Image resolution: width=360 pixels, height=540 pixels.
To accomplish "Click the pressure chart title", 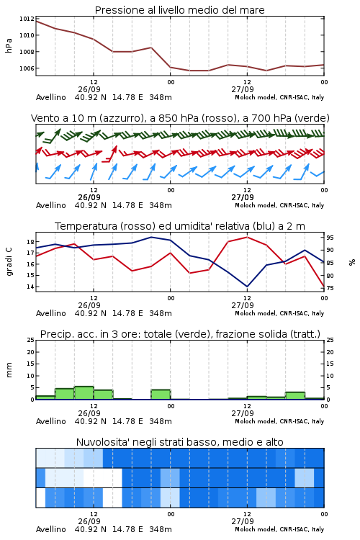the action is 180,10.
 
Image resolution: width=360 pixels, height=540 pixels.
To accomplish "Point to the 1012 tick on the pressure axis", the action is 27,19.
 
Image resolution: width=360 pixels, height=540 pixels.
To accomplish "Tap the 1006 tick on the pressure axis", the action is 27,68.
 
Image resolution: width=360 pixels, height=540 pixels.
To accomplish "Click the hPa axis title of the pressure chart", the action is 9,45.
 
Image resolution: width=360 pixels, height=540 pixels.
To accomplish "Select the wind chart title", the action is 180,118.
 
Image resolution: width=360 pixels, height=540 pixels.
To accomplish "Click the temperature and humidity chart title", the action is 180,226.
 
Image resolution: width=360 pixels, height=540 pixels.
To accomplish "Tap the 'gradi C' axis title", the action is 9,261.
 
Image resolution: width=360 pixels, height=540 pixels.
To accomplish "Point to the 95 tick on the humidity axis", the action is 330,238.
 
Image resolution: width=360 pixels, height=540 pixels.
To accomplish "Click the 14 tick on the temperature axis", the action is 30,287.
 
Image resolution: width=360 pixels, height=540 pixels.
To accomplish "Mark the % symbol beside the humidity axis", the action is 352,262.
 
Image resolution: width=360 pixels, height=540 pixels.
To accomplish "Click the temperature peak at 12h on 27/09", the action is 247,237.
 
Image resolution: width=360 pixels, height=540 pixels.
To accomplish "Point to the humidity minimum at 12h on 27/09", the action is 247,286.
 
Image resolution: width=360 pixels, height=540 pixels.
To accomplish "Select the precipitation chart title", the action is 180,334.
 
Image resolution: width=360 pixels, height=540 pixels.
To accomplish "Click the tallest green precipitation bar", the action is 84,393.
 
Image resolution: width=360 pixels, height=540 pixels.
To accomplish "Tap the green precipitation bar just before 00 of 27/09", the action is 161,395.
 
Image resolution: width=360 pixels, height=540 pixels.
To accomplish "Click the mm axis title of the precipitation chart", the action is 9,370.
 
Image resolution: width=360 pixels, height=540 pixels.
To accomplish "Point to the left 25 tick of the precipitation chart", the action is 30,340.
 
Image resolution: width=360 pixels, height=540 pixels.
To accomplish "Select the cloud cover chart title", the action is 180,442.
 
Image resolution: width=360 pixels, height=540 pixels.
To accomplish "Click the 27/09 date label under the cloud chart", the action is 243,521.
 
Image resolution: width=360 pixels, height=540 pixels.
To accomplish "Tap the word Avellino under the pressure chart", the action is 50,97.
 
